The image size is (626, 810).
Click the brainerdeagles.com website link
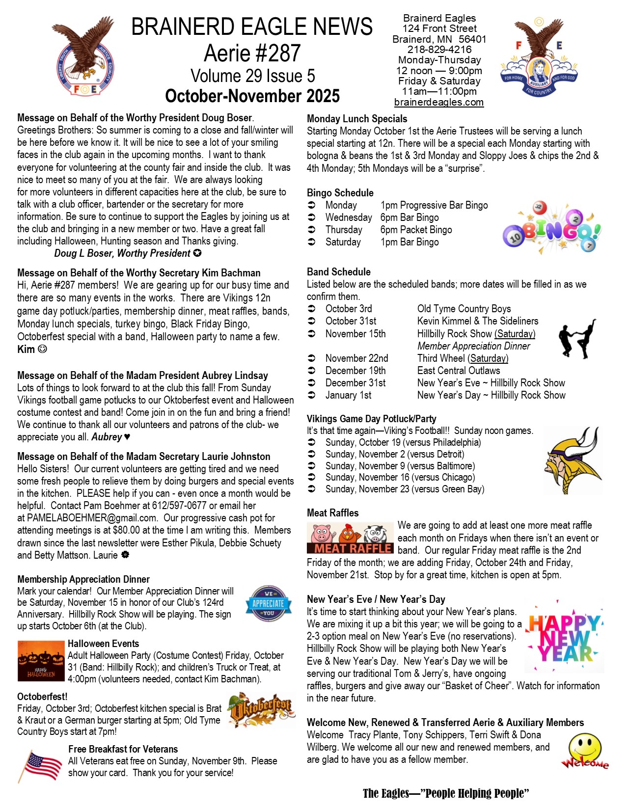pyautogui.click(x=439, y=102)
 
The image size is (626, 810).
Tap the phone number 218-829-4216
pyautogui.click(x=439, y=50)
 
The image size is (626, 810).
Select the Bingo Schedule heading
pyautogui.click(x=340, y=193)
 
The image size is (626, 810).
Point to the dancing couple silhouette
pyautogui.click(x=577, y=338)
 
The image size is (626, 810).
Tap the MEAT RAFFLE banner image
pyautogui.click(x=350, y=538)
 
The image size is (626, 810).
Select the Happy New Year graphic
pyautogui.click(x=566, y=637)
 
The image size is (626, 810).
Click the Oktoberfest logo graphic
pyautogui.click(x=261, y=709)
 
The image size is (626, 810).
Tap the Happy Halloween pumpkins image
pyautogui.click(x=41, y=661)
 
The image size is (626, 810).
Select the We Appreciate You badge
pyautogui.click(x=268, y=603)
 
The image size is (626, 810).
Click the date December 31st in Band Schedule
pyautogui.click(x=355, y=383)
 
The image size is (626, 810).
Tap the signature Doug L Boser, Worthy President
pyautogui.click(x=122, y=253)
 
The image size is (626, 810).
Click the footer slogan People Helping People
pyautogui.click(x=445, y=793)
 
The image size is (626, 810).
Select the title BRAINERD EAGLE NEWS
pyautogui.click(x=252, y=27)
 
